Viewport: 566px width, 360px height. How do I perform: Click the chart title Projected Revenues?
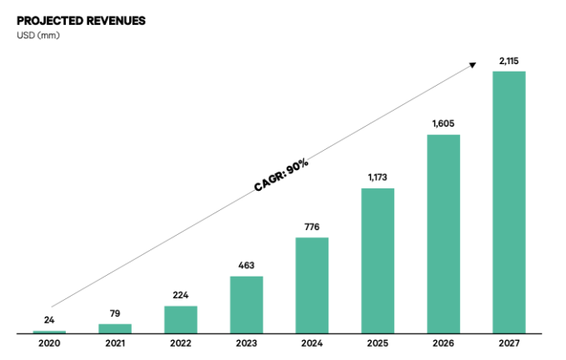pos(81,21)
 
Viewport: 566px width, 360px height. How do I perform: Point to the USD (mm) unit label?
pos(38,36)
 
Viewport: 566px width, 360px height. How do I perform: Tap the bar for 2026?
pos(443,234)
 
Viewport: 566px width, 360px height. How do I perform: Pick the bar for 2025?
pos(378,261)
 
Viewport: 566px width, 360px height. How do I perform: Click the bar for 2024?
pos(312,285)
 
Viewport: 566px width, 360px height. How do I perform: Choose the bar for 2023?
pos(246,304)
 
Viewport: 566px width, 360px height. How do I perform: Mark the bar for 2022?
pos(180,319)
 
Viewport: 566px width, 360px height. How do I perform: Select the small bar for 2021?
pos(115,328)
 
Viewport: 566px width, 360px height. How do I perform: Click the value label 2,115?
pos(508,61)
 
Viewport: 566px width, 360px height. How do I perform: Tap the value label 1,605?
pos(443,124)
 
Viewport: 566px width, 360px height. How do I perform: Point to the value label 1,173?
pos(378,177)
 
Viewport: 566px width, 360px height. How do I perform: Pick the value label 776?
pos(312,227)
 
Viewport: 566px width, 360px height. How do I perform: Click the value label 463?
pos(246,265)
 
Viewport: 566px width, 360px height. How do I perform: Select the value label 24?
pos(49,320)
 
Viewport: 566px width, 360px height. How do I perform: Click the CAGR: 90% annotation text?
pos(282,176)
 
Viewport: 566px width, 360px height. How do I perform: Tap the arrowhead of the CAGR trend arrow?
pos(473,65)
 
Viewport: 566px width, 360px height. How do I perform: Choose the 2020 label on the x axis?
pos(49,343)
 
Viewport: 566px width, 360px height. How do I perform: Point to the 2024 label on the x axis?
pos(312,343)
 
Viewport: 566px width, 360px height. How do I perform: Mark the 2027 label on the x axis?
pos(508,343)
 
